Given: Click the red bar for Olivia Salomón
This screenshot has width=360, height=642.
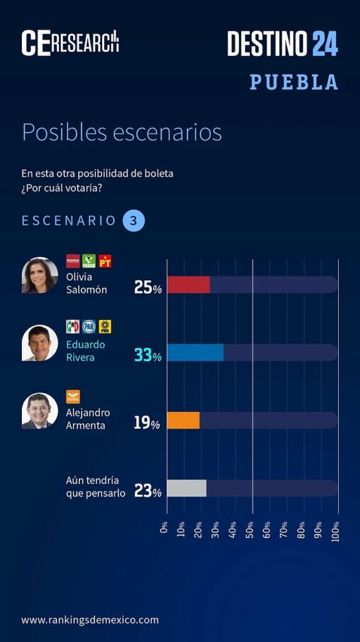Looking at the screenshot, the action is pyautogui.click(x=188, y=285).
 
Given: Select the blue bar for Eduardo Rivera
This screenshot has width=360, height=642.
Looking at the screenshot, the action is pyautogui.click(x=195, y=352).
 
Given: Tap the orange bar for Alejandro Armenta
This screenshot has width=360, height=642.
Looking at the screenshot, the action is pyautogui.click(x=184, y=421).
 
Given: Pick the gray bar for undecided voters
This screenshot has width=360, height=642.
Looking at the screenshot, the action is pyautogui.click(x=187, y=488).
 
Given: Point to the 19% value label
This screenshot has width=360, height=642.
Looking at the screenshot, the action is pyautogui.click(x=147, y=423).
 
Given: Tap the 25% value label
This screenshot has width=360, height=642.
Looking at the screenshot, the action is pyautogui.click(x=148, y=288).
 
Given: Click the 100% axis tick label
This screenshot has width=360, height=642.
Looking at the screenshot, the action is pyautogui.click(x=336, y=532).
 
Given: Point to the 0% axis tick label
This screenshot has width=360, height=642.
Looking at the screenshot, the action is pyautogui.click(x=164, y=527).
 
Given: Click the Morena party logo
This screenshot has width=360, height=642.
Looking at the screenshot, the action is pyautogui.click(x=73, y=261).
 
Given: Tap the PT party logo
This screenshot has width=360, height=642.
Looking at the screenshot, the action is pyautogui.click(x=105, y=261).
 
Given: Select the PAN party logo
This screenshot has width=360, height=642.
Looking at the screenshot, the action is pyautogui.click(x=89, y=327).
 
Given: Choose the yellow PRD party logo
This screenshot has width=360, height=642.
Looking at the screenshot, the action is pyautogui.click(x=105, y=327).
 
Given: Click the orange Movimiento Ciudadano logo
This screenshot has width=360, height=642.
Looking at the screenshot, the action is pyautogui.click(x=73, y=397).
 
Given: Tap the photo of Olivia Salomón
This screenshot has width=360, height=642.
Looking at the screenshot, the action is pyautogui.click(x=40, y=275).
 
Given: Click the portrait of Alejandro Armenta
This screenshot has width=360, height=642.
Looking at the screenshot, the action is pyautogui.click(x=40, y=411).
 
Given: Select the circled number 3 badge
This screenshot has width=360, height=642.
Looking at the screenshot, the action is pyautogui.click(x=134, y=221).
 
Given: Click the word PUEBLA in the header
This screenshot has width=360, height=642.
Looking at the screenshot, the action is pyautogui.click(x=294, y=82).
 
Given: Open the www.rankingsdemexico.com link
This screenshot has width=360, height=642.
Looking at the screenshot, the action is pyautogui.click(x=90, y=620).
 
